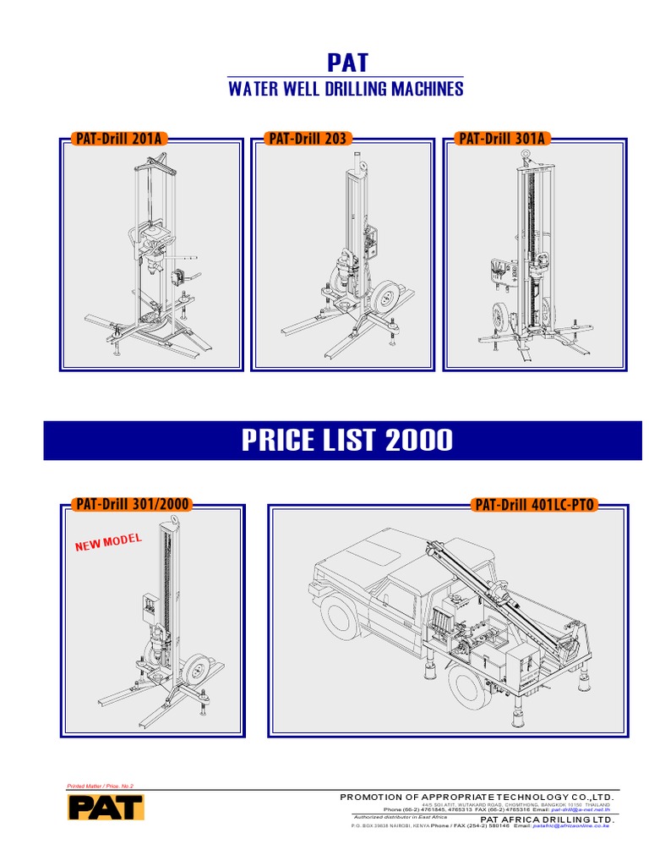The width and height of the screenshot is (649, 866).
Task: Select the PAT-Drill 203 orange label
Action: (x=307, y=139)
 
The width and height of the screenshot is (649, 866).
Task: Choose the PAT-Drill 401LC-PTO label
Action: (x=535, y=505)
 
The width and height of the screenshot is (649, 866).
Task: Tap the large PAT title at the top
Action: (x=347, y=63)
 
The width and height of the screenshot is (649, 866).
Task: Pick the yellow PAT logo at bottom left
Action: (x=106, y=807)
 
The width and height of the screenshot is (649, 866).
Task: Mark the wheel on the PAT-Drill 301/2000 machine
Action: (x=195, y=671)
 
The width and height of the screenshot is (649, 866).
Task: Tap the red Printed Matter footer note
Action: (x=100, y=787)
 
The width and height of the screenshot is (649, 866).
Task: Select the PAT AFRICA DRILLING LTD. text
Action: (x=547, y=819)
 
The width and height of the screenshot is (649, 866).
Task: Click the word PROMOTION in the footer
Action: (x=370, y=797)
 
